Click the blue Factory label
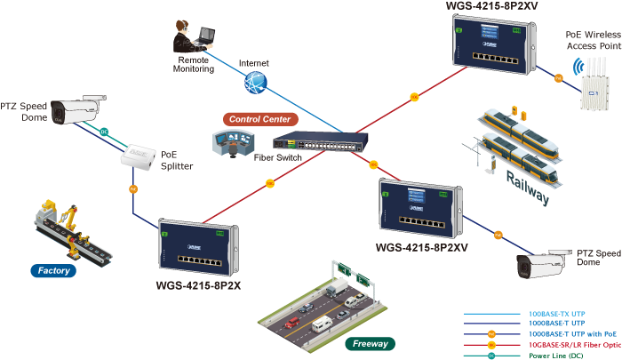[x=54, y=270]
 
